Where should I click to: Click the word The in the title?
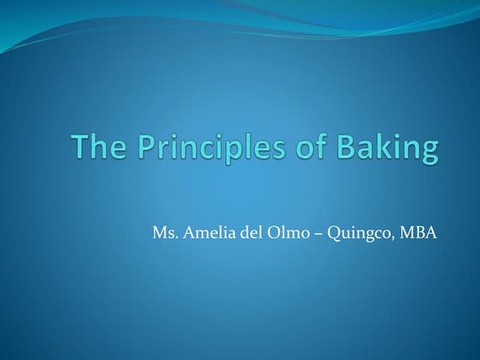tap(94, 148)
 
